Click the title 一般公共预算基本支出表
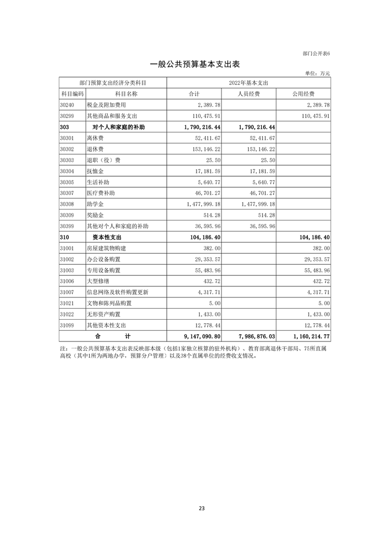coord(194,64)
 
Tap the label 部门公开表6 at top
coord(316,54)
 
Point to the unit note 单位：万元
coord(317,73)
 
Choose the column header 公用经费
coord(304,94)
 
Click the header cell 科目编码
coord(72,94)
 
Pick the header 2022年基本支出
coord(248,83)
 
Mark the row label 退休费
coord(95,149)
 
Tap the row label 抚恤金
coord(95,171)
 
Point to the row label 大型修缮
coord(97,281)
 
